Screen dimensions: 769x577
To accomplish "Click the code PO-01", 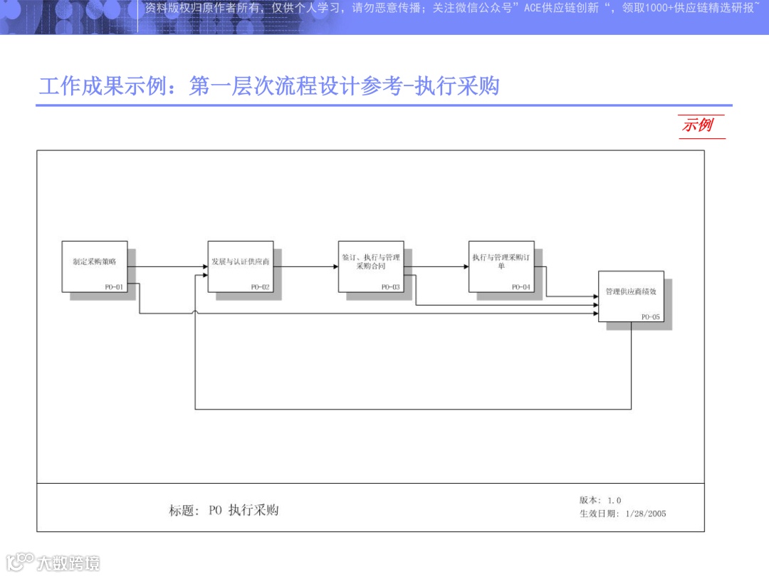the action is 114,287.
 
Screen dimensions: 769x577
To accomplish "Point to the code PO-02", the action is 261,287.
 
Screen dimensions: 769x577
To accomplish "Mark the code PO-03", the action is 391,287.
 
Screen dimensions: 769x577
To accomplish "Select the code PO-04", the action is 521,287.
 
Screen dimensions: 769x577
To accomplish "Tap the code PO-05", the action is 651,317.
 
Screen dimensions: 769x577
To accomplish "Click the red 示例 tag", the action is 698,125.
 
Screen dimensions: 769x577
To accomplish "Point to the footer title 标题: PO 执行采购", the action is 224,510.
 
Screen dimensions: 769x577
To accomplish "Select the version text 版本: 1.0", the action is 600,500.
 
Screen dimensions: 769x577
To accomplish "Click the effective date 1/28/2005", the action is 645,514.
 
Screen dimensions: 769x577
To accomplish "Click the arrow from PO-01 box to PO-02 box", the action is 168,267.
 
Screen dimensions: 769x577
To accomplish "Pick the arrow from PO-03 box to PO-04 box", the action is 436,267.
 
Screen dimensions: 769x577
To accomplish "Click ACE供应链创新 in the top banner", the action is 559,9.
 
